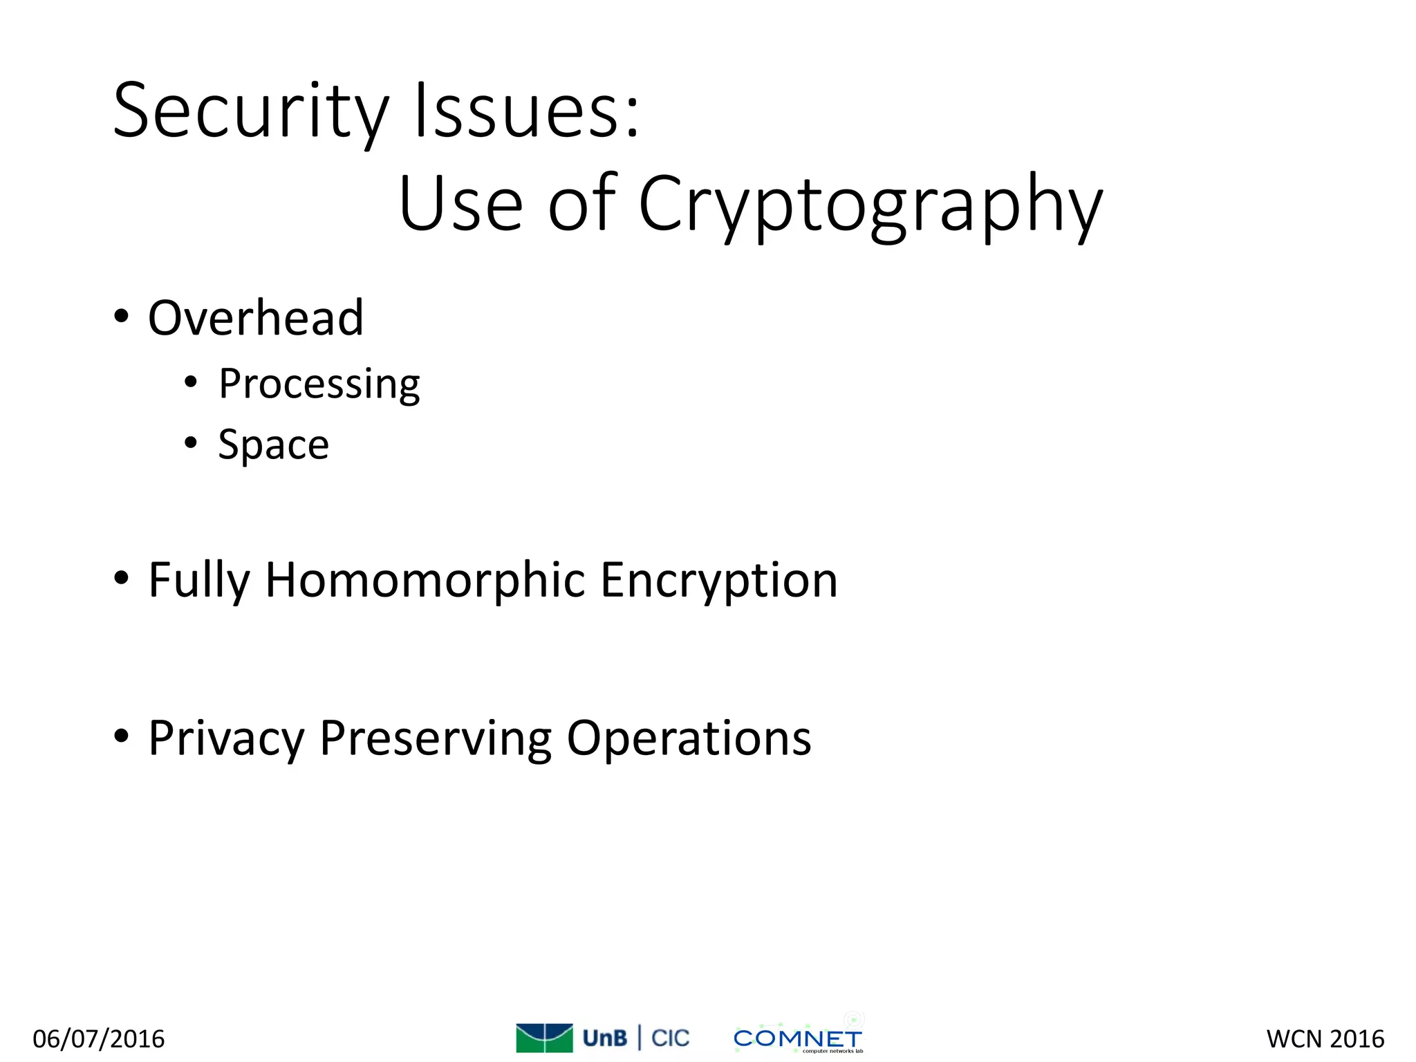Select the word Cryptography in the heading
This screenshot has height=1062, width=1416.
[x=870, y=205]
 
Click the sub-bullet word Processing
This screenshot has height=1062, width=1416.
[x=319, y=384]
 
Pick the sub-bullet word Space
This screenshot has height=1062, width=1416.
[x=273, y=445]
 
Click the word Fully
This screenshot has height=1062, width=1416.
[x=199, y=581]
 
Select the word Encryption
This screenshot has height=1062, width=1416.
[x=719, y=581]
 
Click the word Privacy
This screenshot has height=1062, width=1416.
[x=226, y=739]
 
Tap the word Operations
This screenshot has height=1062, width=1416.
[x=689, y=739]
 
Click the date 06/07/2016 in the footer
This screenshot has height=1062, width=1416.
[x=99, y=1038]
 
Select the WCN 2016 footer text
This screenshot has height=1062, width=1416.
[x=1325, y=1038]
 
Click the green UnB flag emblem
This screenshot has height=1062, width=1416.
[x=544, y=1037]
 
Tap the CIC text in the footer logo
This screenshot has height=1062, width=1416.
[x=670, y=1038]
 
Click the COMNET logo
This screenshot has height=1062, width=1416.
[x=797, y=1038]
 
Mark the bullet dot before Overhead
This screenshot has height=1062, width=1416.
[x=122, y=317]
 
